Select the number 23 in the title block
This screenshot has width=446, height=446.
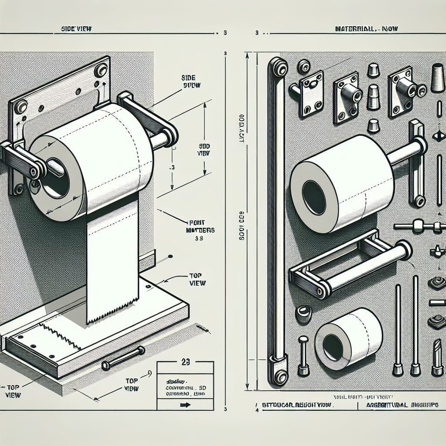pyautogui.click(x=185, y=362)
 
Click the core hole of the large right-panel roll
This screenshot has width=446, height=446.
pyautogui.click(x=314, y=197)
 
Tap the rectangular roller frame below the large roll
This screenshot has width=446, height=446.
pyautogui.click(x=348, y=266)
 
